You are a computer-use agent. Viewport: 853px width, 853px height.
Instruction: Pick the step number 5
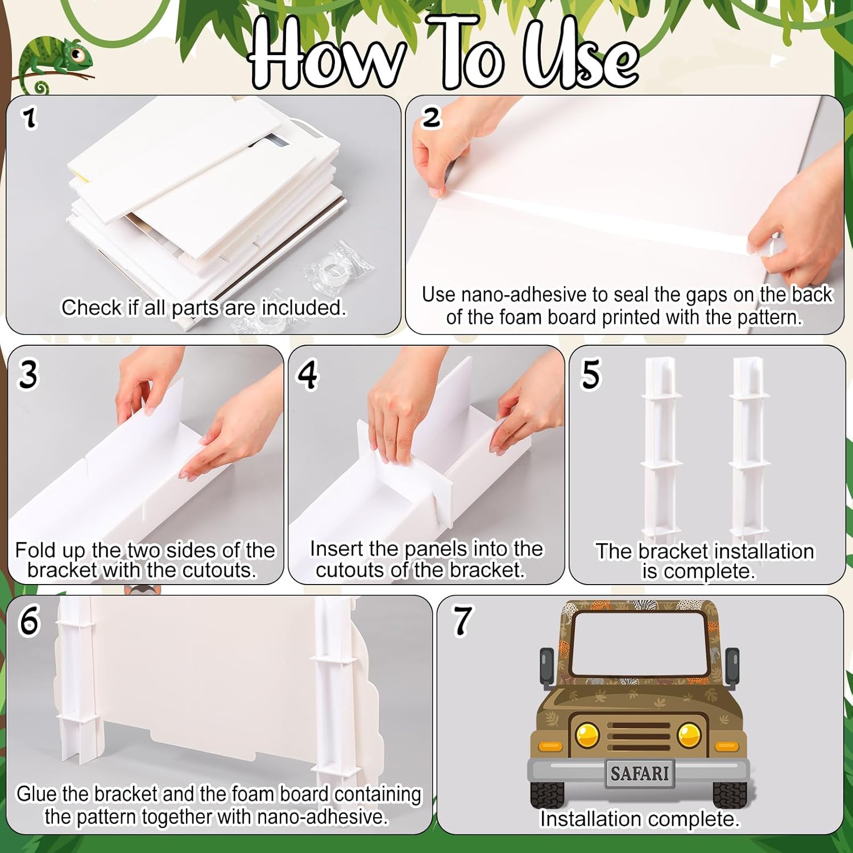point(590,374)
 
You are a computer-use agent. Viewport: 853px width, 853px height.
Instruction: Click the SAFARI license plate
point(640,773)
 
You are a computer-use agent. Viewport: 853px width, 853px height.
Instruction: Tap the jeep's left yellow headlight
point(587,735)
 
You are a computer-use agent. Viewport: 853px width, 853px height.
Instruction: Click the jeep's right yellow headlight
point(690,735)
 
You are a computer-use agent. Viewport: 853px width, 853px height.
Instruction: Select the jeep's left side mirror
point(546,665)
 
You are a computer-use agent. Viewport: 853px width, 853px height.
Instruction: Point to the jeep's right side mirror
point(732,665)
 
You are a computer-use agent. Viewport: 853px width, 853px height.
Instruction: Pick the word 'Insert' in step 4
point(336,549)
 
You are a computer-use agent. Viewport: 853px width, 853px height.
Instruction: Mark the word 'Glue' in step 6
point(37,794)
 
